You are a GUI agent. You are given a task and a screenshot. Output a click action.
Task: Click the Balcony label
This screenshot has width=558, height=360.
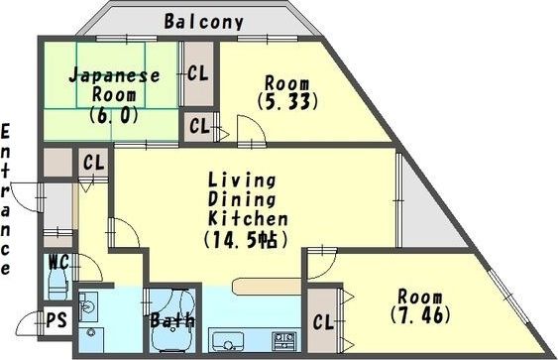coord(204,22)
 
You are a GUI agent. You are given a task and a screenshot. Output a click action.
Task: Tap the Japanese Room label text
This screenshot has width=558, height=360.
coord(115,85)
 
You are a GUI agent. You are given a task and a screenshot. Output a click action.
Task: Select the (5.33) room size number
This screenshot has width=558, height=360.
coord(286,102)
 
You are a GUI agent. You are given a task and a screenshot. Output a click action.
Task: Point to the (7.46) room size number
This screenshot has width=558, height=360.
coord(420,314)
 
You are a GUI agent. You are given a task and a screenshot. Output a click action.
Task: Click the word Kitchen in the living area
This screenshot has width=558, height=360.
coord(248,218)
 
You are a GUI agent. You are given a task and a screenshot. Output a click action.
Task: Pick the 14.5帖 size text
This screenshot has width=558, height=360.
coord(246,240)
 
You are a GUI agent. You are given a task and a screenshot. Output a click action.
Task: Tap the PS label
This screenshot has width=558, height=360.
coord(56,319)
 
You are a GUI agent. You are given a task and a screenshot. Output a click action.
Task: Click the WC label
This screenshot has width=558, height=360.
coord(58,263)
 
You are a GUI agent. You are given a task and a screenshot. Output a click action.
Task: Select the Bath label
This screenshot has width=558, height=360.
coord(172,320)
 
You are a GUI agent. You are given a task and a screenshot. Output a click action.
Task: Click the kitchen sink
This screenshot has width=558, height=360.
coord(228,341)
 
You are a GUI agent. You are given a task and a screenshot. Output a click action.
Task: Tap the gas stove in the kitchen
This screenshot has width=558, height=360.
coord(284,340)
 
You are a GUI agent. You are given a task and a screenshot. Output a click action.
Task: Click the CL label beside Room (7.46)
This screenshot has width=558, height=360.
coord(323,322)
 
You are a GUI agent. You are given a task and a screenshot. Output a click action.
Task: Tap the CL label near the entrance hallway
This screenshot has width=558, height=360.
coord(94,163)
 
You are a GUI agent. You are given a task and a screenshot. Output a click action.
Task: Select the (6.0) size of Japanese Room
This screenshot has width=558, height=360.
coord(114,115)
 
